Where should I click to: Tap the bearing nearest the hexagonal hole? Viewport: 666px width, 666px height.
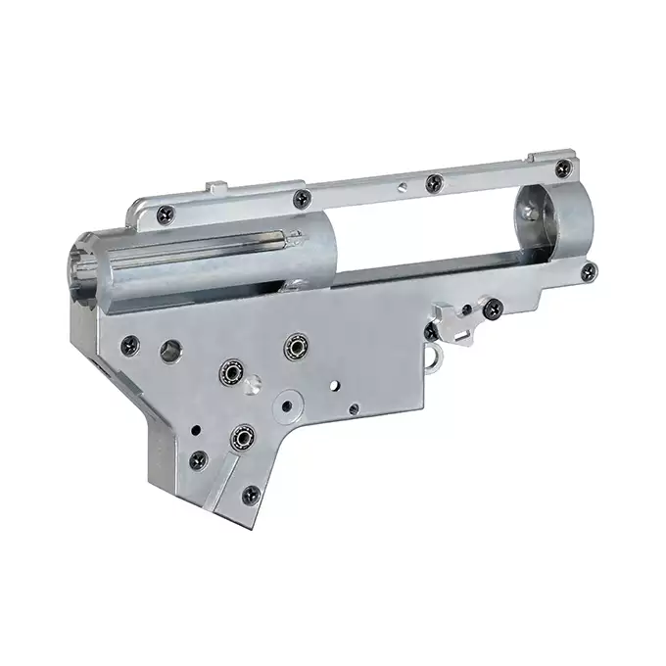tap(231, 373)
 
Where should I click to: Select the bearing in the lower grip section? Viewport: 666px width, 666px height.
tap(240, 437)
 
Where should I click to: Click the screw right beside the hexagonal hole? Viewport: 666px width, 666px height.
tap(129, 344)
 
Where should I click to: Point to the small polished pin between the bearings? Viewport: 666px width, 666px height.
tap(254, 386)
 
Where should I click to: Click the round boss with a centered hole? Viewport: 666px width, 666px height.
tap(288, 404)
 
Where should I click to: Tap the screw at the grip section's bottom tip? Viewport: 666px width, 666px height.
tap(251, 495)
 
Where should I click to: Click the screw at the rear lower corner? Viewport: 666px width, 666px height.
tap(588, 272)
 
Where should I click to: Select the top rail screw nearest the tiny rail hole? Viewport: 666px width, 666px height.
tap(433, 181)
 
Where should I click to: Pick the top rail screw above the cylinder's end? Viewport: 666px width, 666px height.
tap(302, 199)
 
